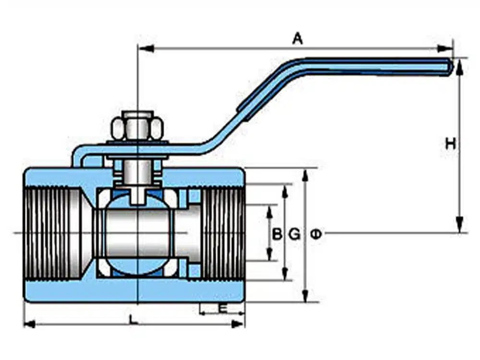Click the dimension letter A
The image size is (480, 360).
(x=298, y=39)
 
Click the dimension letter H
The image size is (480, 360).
(x=450, y=144)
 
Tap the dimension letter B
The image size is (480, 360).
(x=277, y=235)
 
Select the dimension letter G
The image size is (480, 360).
(x=295, y=235)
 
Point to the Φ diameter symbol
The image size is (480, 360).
(x=316, y=235)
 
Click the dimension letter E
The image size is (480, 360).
(x=223, y=309)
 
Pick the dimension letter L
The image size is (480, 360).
(x=132, y=320)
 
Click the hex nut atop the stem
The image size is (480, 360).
(x=137, y=128)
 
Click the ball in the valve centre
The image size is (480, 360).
(x=138, y=234)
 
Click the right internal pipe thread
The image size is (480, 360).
(x=223, y=234)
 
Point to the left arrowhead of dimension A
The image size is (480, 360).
(x=146, y=48)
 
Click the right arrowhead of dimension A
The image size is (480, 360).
(x=444, y=48)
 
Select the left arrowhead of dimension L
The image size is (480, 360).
(x=30, y=324)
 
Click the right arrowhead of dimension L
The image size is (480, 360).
(x=238, y=324)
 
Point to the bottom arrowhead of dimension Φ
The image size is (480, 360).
(x=305, y=296)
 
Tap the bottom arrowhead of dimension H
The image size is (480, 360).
(x=459, y=225)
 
